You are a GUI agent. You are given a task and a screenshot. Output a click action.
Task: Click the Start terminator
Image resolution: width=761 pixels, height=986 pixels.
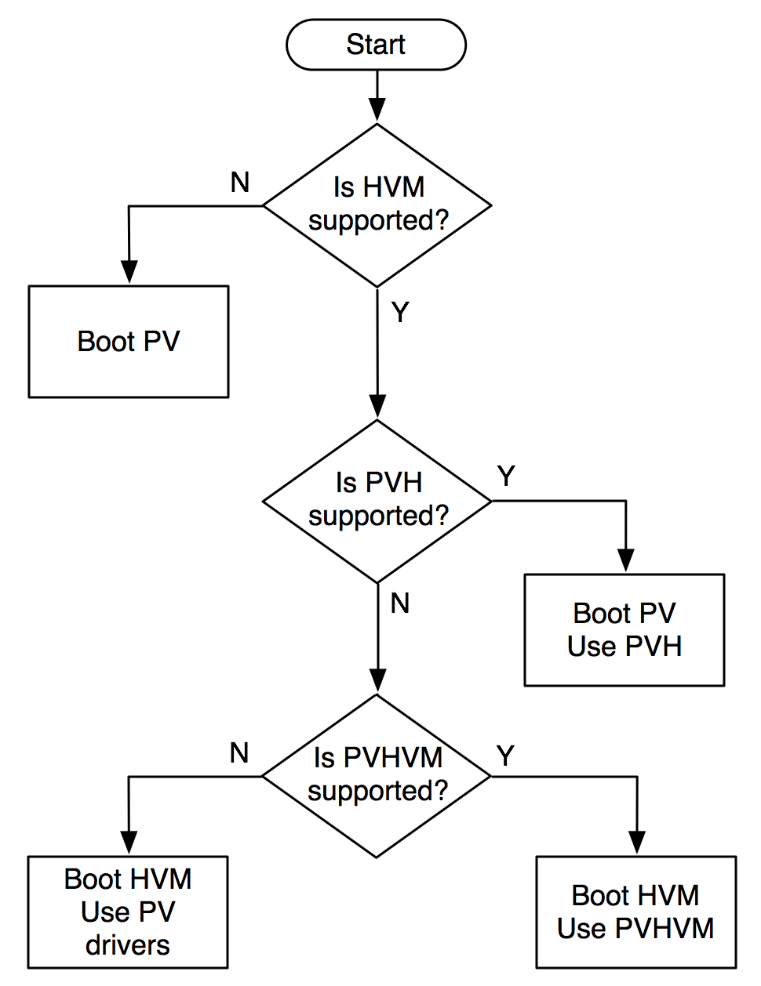coord(377,45)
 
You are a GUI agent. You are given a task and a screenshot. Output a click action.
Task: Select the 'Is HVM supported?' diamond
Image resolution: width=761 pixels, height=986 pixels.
coord(377,205)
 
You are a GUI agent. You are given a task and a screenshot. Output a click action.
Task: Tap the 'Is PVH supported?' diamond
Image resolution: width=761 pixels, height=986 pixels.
coord(377,501)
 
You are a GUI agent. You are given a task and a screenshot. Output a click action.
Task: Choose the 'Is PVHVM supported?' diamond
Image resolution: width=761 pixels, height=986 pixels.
coord(377,776)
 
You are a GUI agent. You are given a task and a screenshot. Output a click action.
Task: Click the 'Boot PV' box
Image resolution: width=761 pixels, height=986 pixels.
coord(129,342)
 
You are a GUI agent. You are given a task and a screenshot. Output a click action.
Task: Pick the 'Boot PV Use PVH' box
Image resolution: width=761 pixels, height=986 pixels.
coord(624,630)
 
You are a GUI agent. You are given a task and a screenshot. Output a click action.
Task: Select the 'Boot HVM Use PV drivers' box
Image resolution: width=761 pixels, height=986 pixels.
coord(128,912)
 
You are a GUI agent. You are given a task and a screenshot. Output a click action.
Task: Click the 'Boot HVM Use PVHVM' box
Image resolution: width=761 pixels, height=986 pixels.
coord(636,912)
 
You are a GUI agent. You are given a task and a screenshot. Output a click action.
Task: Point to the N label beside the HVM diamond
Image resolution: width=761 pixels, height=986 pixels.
coord(240,183)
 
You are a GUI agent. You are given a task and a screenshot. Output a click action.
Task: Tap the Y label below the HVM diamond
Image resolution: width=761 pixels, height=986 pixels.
coord(401,313)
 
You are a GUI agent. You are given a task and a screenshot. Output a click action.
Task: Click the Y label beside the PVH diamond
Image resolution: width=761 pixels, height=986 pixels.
coord(507,476)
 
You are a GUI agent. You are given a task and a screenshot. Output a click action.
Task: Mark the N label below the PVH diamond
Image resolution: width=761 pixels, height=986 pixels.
coord(400,604)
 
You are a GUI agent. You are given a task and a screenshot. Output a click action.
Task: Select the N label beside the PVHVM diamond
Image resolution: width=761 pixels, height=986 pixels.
coord(239,753)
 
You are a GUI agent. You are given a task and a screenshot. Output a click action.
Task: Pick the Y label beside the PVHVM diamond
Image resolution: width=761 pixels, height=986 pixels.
coord(506,756)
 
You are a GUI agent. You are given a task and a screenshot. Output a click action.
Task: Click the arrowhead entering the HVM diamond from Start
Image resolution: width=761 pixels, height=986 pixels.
coord(377,112)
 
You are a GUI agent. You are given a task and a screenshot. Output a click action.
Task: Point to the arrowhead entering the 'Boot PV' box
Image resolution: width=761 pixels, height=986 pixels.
coord(129,273)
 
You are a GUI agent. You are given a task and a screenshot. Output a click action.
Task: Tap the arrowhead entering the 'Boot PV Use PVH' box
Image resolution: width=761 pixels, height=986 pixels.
coord(625,561)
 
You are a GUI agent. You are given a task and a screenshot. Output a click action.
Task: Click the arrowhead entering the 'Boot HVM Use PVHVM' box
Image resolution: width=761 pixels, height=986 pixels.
coord(637,843)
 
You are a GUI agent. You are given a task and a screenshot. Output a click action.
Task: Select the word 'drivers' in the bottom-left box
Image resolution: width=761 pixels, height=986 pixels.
coord(128,945)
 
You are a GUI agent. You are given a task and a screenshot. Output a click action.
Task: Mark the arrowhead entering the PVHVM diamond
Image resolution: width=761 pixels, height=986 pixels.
coord(377,682)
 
